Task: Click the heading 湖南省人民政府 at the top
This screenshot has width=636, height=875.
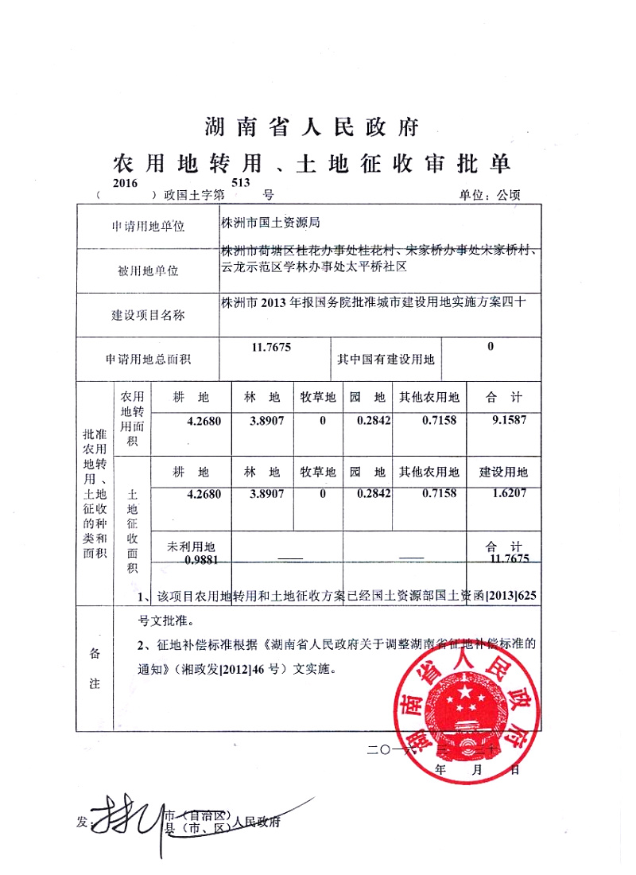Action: [x=311, y=126]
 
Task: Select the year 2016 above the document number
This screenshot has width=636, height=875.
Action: [x=126, y=183]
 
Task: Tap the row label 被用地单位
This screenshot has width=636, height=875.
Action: [x=148, y=270]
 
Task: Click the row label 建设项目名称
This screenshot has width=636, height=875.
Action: [x=148, y=316]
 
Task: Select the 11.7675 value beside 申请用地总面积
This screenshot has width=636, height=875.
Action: [x=271, y=348]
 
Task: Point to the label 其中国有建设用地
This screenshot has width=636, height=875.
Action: [x=386, y=360]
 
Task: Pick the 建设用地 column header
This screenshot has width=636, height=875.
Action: [x=504, y=472]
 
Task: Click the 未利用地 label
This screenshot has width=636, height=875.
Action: [x=191, y=547]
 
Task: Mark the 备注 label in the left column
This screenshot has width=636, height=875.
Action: [x=95, y=668]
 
